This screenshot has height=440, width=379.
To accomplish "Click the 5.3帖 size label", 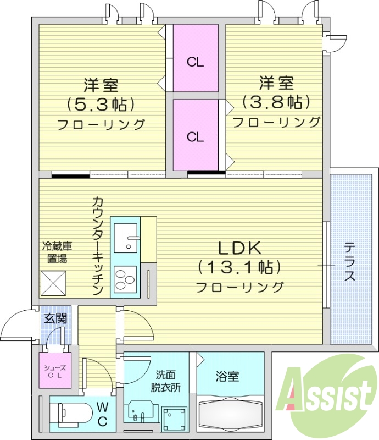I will click(x=101, y=104).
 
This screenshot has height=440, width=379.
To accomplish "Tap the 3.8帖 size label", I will click(x=276, y=102).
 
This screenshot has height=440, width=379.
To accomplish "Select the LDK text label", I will click(x=240, y=248).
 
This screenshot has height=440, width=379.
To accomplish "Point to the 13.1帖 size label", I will click(x=240, y=267).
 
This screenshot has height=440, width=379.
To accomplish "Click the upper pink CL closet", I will click(x=196, y=59).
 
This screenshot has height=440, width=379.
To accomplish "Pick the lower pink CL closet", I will click(x=196, y=135).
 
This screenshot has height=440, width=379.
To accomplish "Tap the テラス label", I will click(x=349, y=262).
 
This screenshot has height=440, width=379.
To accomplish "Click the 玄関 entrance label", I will click(x=55, y=318).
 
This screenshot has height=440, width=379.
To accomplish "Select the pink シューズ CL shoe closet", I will click(x=54, y=371).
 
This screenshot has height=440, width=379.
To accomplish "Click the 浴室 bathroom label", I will click(x=227, y=377).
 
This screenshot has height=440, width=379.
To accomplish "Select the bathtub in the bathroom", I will click(x=230, y=416).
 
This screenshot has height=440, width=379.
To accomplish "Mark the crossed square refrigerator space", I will click(x=53, y=285).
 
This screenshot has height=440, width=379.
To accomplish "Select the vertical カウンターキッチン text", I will click(x=98, y=246).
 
